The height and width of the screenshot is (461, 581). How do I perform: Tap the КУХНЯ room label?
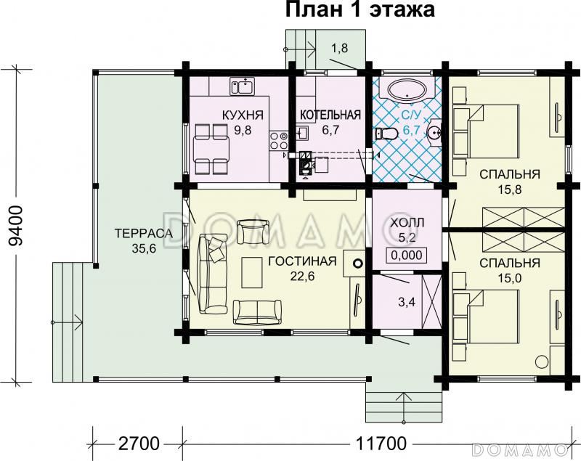(243, 115)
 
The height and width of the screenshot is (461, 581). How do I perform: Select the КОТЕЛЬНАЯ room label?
(330, 115)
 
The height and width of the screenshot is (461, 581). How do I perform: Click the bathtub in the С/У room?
(406, 91)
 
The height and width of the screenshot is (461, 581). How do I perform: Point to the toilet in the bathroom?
(386, 134)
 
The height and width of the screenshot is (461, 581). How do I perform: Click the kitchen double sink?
(242, 87)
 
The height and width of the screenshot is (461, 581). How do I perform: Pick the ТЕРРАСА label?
(142, 233)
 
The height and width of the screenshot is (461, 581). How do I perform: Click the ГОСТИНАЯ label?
(301, 261)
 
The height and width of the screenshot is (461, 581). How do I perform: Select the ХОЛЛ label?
(405, 221)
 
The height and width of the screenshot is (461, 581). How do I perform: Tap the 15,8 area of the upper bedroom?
(508, 190)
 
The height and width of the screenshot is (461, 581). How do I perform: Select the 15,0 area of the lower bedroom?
(508, 278)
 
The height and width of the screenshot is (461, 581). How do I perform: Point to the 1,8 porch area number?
(339, 49)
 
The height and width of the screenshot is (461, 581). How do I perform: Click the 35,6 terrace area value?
(142, 248)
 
